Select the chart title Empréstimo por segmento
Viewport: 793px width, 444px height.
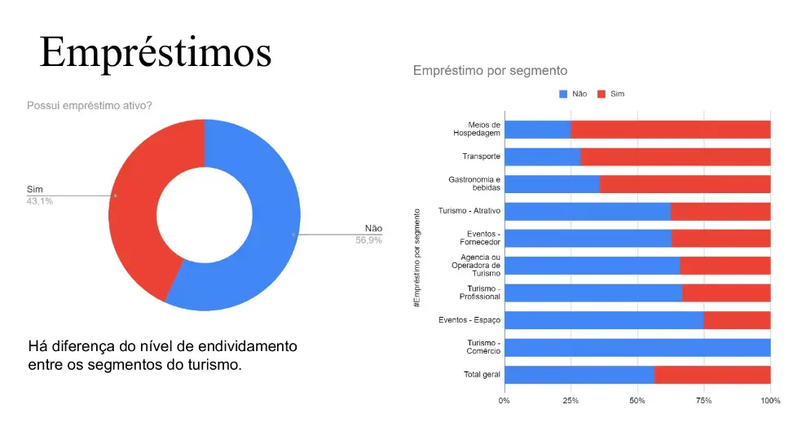(x=490, y=71)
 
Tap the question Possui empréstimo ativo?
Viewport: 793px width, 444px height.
(x=90, y=106)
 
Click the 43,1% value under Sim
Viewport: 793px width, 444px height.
(x=40, y=201)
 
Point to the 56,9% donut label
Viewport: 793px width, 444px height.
(x=368, y=240)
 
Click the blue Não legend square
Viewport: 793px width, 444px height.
(x=563, y=94)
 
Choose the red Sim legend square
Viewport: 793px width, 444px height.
(x=601, y=94)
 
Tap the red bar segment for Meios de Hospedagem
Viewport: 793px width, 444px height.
(x=671, y=130)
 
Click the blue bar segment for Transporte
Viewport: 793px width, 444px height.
(x=543, y=156)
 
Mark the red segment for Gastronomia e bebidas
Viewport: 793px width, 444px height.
(x=685, y=184)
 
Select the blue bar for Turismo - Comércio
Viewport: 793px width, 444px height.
(x=637, y=347)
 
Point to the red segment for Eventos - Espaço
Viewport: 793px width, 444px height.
(x=738, y=320)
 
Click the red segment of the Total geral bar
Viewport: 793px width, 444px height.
(x=712, y=375)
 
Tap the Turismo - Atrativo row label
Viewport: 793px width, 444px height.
(x=469, y=211)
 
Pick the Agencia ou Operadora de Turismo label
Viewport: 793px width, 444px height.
(x=476, y=266)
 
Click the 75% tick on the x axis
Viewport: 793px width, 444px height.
(x=703, y=401)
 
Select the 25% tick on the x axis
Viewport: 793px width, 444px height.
(x=571, y=401)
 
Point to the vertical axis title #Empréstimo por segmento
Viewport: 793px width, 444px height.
(x=416, y=258)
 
